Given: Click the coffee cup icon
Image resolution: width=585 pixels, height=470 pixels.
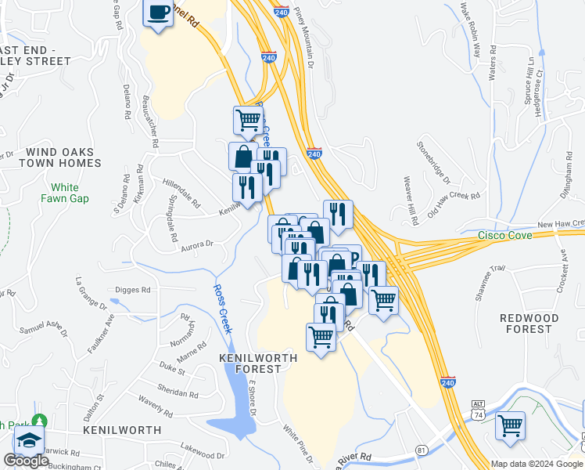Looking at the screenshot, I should click(159, 13).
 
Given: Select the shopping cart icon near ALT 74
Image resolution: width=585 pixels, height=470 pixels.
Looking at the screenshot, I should click(510, 425).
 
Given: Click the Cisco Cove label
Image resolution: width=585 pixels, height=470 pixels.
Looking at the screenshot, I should click(505, 236).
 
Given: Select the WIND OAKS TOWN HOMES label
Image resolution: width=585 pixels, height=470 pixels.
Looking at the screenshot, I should click(60, 157).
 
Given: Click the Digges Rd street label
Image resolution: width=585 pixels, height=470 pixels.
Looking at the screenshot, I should click(132, 290).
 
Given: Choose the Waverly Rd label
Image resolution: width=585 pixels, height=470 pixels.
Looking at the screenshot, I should click(156, 406).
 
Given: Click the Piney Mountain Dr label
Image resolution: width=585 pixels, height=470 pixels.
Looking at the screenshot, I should click(306, 35).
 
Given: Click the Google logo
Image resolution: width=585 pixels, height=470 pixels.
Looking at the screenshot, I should click(26, 461).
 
